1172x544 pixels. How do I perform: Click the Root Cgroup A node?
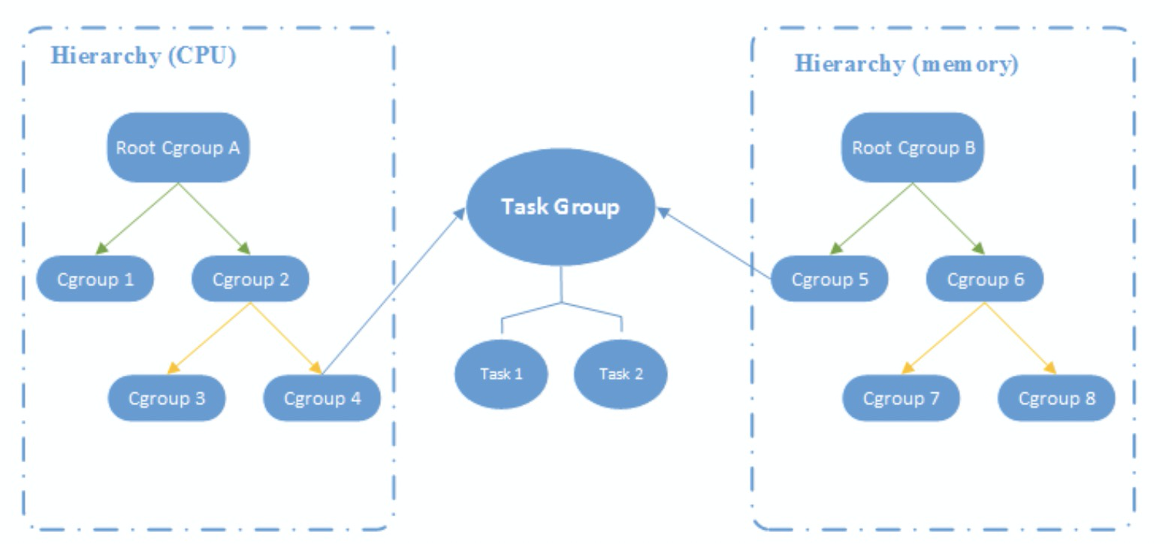click(x=178, y=147)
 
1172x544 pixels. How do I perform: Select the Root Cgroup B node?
click(x=912, y=147)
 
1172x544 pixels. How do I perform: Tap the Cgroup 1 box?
click(x=95, y=280)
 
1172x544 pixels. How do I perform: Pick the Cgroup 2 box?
click(x=251, y=280)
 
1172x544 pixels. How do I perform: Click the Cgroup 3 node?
click(x=167, y=398)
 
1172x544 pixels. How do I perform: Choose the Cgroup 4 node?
click(x=322, y=398)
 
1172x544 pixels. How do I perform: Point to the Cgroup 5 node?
click(x=829, y=280)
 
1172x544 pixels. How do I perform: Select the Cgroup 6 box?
click(x=985, y=280)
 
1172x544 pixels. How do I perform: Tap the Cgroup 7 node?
click(x=901, y=398)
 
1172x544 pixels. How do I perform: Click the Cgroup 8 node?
click(x=1056, y=398)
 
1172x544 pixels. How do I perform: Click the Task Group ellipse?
click(x=560, y=207)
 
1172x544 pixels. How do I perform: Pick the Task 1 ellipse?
click(x=501, y=373)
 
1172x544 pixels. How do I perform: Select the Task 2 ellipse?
click(x=621, y=373)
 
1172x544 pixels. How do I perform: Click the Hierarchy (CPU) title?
click(x=143, y=56)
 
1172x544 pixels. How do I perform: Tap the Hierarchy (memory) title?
click(x=907, y=64)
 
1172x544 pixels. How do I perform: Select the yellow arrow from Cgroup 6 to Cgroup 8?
click(x=1020, y=338)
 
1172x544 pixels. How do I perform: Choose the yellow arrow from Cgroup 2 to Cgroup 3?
click(x=210, y=338)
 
